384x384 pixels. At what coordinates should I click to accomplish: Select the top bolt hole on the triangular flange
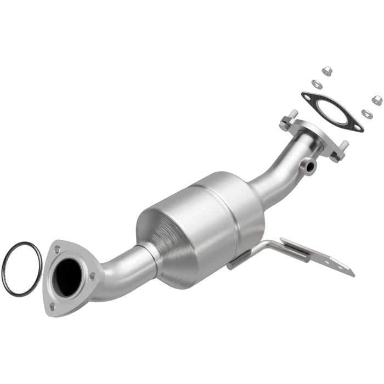(58, 250)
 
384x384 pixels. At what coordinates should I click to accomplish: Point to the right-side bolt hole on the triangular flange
(93, 275)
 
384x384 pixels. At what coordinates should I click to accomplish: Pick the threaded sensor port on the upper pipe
(310, 164)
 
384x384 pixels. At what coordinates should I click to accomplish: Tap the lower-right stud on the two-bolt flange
(343, 147)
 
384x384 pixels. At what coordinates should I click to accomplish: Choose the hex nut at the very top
(326, 71)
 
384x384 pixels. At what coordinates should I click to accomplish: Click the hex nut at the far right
(377, 100)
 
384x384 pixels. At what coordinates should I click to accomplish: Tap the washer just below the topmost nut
(317, 84)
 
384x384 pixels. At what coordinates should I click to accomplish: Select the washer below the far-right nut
(366, 114)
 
